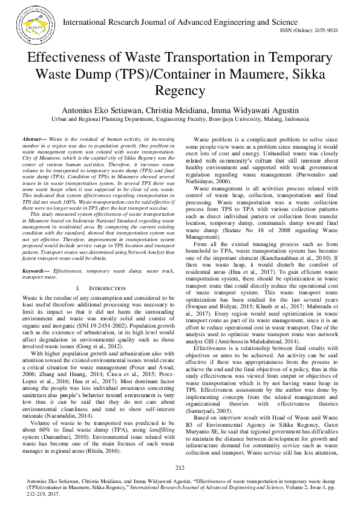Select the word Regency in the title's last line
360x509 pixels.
pyautogui.click(x=180, y=91)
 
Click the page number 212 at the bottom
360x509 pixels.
pyautogui.click(x=180, y=467)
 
